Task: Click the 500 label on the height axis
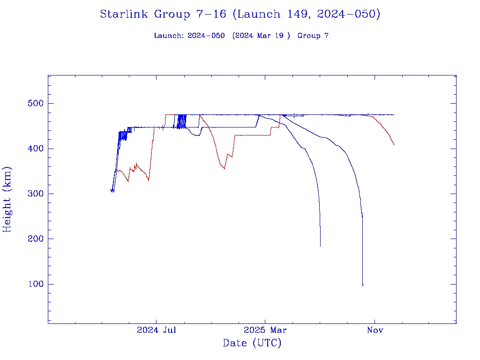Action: [x=34, y=104]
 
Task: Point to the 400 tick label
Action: [x=34, y=149]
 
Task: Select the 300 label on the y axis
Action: [x=34, y=194]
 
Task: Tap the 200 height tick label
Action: [x=34, y=239]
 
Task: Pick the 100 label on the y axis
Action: [x=34, y=284]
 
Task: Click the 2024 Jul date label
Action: [x=157, y=330]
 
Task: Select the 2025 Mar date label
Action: [x=265, y=330]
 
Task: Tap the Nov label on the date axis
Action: [x=375, y=330]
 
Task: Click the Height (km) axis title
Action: [x=7, y=199]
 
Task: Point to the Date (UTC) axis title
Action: [x=252, y=343]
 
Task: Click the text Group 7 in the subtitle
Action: [x=313, y=36]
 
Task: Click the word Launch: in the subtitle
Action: [x=169, y=36]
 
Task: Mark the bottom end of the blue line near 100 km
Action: [x=362, y=285]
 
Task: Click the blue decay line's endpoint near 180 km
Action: [x=320, y=246]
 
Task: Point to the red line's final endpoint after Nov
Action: [x=394, y=145]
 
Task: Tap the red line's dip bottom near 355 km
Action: [x=225, y=168]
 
